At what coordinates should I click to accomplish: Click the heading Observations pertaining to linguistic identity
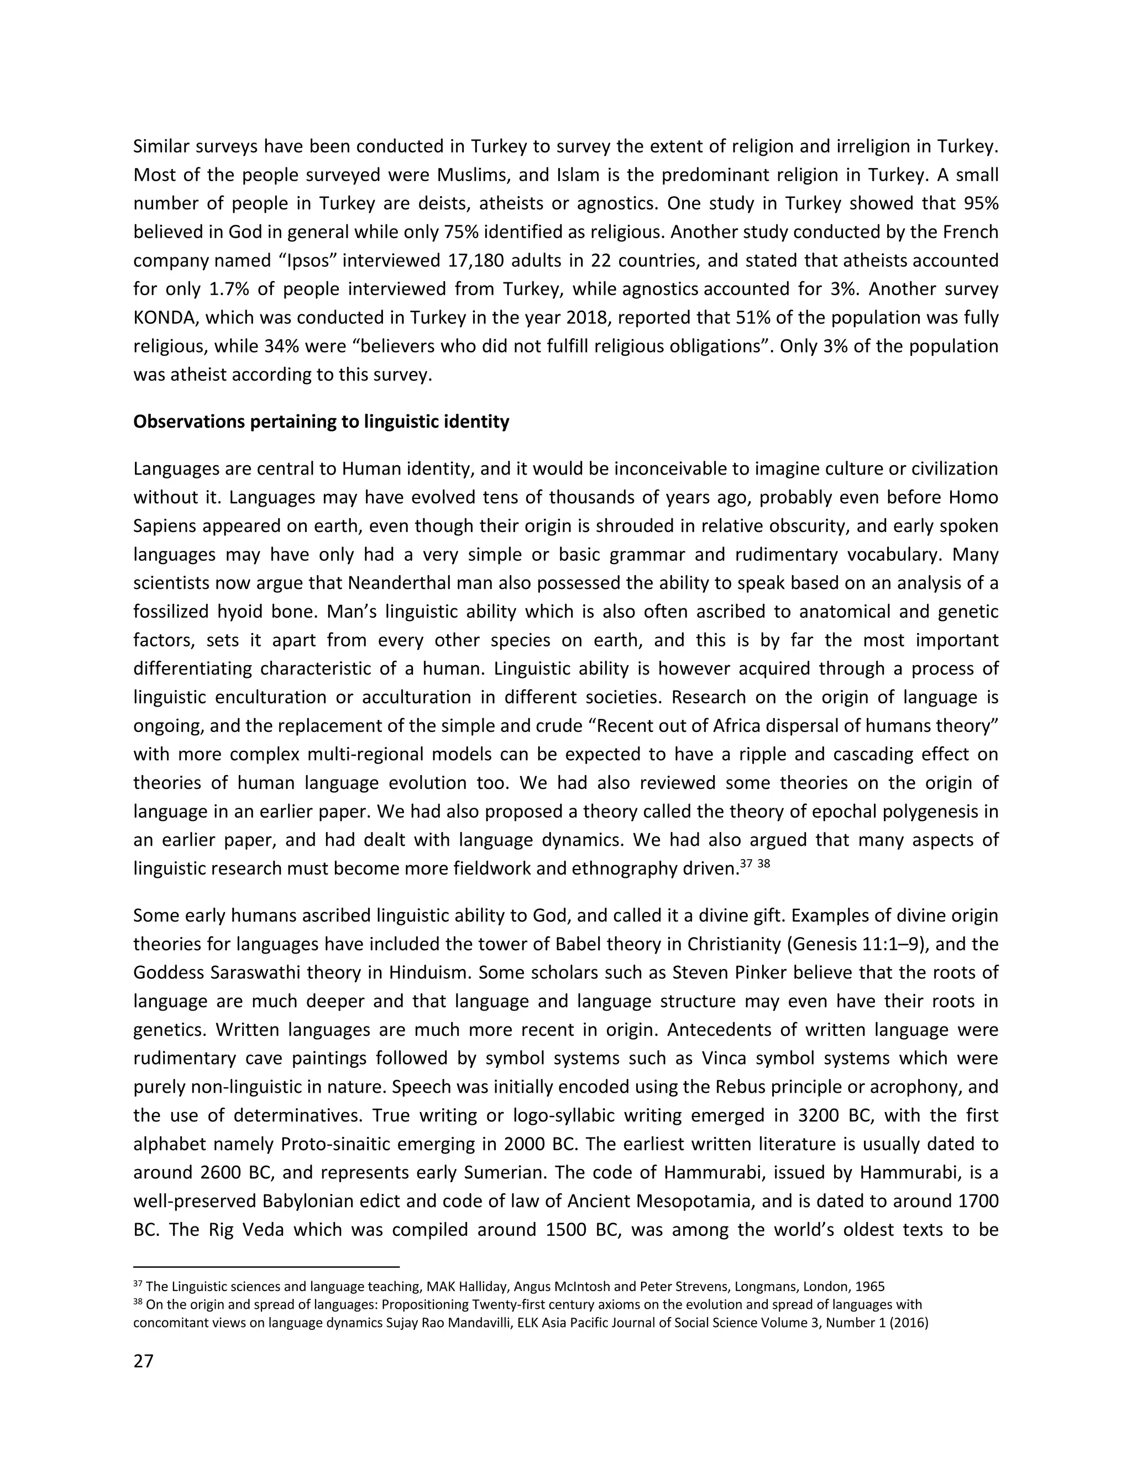[321, 422]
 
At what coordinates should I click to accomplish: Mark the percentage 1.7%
[232, 289]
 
